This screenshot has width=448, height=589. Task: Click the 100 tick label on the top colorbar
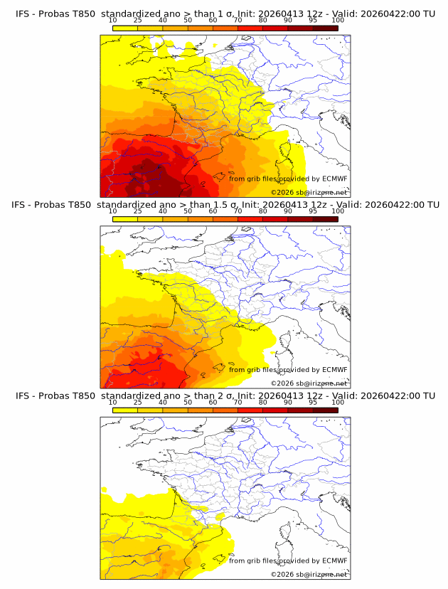338,21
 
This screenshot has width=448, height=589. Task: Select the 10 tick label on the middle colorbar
112,211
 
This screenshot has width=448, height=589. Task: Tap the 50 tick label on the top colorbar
188,21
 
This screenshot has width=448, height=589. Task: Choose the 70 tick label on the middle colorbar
238,211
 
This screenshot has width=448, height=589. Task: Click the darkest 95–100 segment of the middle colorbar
325,218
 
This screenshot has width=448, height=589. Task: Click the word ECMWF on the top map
334,179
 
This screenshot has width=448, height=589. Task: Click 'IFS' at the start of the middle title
24,205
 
